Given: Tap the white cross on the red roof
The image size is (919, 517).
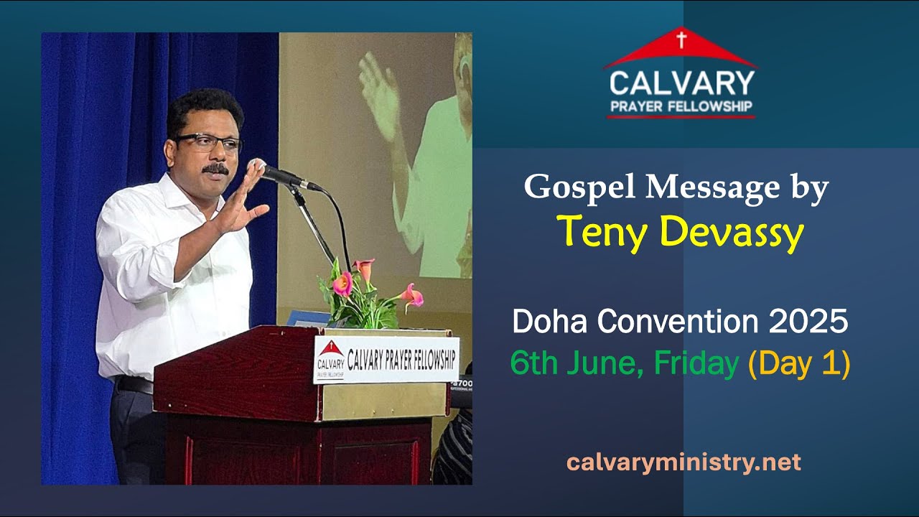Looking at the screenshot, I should pos(681,40).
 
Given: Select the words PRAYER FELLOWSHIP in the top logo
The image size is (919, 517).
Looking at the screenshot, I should pos(681,108).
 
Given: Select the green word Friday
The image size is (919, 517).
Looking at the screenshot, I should pos(696,364).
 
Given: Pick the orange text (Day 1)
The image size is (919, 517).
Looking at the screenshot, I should pos(798,364).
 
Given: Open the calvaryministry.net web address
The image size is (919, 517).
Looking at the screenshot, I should pos(683,462).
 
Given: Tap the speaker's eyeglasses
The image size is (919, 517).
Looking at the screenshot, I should pos(208,141).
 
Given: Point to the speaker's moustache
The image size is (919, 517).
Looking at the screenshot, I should pos(215,169).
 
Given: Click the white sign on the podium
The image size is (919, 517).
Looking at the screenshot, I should pos(386,359).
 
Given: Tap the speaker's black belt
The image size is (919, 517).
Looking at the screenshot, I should pos(134,385).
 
